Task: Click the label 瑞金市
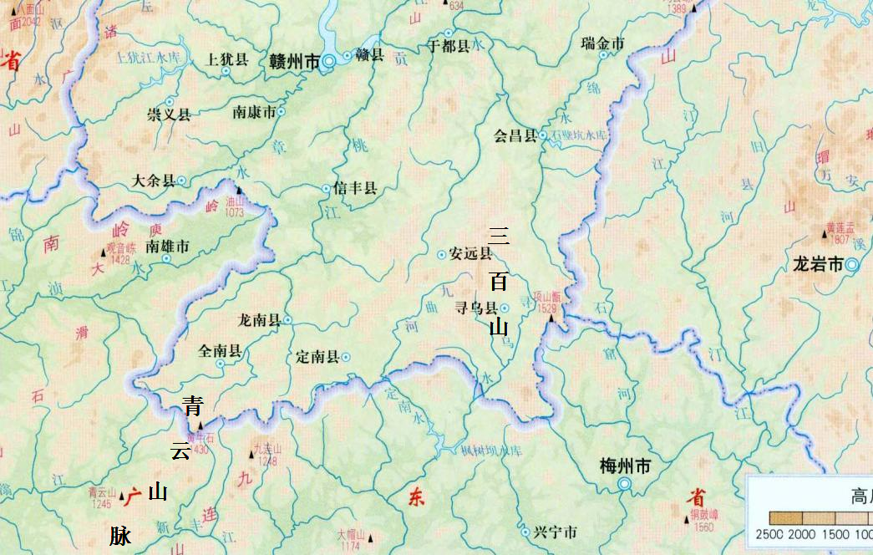point(602,43)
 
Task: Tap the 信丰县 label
point(355,189)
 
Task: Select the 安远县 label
point(470,254)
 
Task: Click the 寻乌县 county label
point(475,308)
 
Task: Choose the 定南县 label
point(317,357)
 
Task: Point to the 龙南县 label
point(260,319)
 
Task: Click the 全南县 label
point(220,352)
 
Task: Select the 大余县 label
point(154,180)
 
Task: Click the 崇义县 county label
point(169,115)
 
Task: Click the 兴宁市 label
point(555,532)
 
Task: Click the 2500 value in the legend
point(769,535)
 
